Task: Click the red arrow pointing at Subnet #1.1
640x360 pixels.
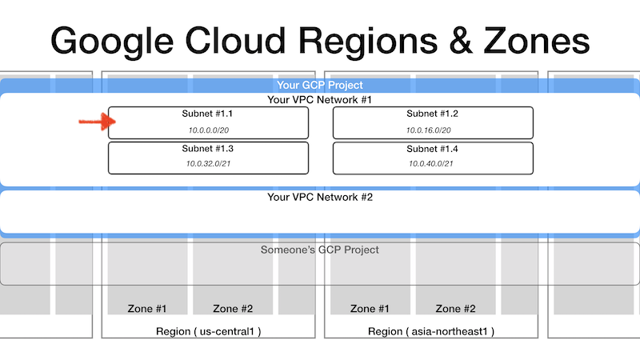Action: [x=97, y=122]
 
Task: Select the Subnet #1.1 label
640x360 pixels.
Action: [x=207, y=114]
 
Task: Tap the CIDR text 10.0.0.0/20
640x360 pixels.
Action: [x=208, y=130]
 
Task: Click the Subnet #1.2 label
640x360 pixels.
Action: [x=432, y=114]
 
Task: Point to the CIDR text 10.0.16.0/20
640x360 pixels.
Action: [x=428, y=130]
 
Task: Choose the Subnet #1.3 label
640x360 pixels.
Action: [x=208, y=149]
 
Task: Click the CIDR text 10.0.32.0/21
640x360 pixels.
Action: [x=208, y=164]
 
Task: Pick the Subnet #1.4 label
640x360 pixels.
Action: [x=432, y=149]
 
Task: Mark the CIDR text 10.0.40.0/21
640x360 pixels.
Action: [x=430, y=164]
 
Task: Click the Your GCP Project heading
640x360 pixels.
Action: [x=319, y=85]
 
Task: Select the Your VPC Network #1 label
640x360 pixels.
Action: [x=319, y=99]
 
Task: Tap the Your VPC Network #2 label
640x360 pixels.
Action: [x=320, y=197]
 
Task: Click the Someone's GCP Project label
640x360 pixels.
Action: [x=319, y=250]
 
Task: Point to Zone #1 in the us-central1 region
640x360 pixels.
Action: [x=147, y=309]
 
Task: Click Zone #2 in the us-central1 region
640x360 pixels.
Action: [x=233, y=309]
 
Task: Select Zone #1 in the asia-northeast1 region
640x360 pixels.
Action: [x=370, y=309]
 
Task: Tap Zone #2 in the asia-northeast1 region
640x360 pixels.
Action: [x=455, y=309]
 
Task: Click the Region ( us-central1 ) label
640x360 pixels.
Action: [x=209, y=331]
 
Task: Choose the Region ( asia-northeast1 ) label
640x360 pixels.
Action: [x=431, y=331]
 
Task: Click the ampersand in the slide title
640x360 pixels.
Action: [x=461, y=41]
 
